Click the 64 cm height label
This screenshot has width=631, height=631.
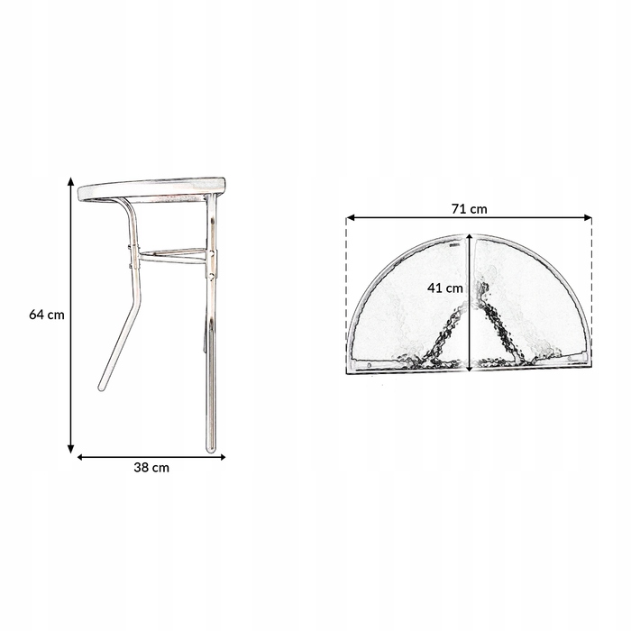47,315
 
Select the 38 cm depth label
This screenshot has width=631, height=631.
151,468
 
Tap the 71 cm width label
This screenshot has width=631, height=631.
469,209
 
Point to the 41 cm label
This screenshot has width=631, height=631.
444,288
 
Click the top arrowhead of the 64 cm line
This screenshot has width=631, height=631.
71,180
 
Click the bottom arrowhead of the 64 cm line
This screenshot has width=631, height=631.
71,449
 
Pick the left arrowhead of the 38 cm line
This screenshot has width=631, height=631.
80,457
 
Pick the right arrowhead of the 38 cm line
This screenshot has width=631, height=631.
222,457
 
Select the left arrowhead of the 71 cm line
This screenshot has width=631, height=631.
350,218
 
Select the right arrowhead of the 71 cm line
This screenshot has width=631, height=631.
588,218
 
